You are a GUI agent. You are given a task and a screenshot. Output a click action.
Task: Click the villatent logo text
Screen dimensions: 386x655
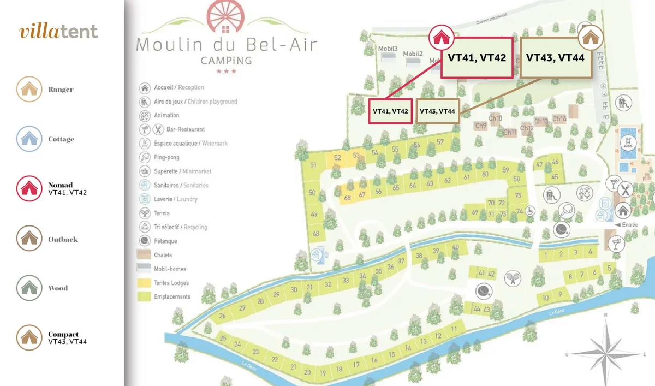(x=59, y=31)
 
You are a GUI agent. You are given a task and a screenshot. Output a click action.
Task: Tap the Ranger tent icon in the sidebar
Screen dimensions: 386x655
(x=29, y=89)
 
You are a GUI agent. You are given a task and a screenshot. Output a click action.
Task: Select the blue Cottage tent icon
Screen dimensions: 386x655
(x=29, y=139)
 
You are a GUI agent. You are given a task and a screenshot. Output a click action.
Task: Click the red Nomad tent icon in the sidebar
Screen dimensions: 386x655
(x=29, y=188)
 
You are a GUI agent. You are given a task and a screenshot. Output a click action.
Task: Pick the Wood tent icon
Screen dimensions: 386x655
(x=29, y=288)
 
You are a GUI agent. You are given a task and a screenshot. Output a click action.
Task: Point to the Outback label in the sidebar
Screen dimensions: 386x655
(x=63, y=239)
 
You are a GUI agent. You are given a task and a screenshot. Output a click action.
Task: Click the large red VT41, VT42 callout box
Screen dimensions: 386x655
(x=477, y=58)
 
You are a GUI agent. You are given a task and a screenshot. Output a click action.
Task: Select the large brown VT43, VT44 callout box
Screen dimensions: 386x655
(x=556, y=58)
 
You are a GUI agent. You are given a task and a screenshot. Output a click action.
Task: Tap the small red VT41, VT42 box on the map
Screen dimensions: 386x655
(x=390, y=111)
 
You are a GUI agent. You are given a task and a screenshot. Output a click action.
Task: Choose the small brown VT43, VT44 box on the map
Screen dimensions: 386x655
(x=438, y=111)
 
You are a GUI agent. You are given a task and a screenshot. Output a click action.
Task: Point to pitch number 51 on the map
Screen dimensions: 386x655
(x=313, y=165)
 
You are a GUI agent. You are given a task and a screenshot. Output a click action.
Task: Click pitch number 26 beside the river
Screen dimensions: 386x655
(x=222, y=316)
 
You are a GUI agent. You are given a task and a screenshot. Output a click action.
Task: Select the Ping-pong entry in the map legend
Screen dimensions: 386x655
(x=166, y=157)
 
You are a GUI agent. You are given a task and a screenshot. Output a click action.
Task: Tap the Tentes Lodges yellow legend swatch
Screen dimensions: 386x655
(x=145, y=283)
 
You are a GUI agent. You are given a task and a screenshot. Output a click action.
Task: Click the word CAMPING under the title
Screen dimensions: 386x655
(x=226, y=60)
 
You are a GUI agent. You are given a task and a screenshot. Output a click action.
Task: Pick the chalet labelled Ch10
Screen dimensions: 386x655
(x=496, y=118)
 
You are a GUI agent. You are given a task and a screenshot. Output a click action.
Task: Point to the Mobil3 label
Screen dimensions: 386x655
(x=388, y=48)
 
